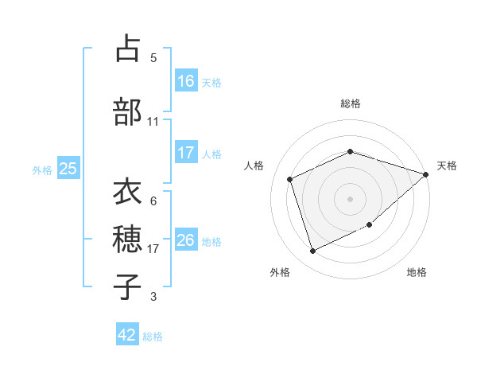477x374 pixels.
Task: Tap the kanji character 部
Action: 127,111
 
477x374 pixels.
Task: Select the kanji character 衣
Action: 127,193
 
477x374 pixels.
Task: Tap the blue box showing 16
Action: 186,81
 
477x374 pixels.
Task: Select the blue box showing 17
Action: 186,153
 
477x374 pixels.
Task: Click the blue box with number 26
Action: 186,240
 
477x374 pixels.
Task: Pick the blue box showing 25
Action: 68,169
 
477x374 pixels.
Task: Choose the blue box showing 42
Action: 127,336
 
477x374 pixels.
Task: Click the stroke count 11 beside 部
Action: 153,121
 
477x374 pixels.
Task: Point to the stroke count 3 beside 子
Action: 153,297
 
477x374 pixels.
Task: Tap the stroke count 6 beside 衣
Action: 153,201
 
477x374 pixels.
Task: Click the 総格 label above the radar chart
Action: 351,103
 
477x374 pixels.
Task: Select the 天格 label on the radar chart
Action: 447,166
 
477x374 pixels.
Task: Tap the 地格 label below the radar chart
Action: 417,272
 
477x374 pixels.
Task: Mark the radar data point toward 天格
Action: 426,174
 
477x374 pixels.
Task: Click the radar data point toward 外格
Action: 312,251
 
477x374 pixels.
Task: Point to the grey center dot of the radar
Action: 351,198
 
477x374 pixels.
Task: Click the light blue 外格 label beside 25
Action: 42,169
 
